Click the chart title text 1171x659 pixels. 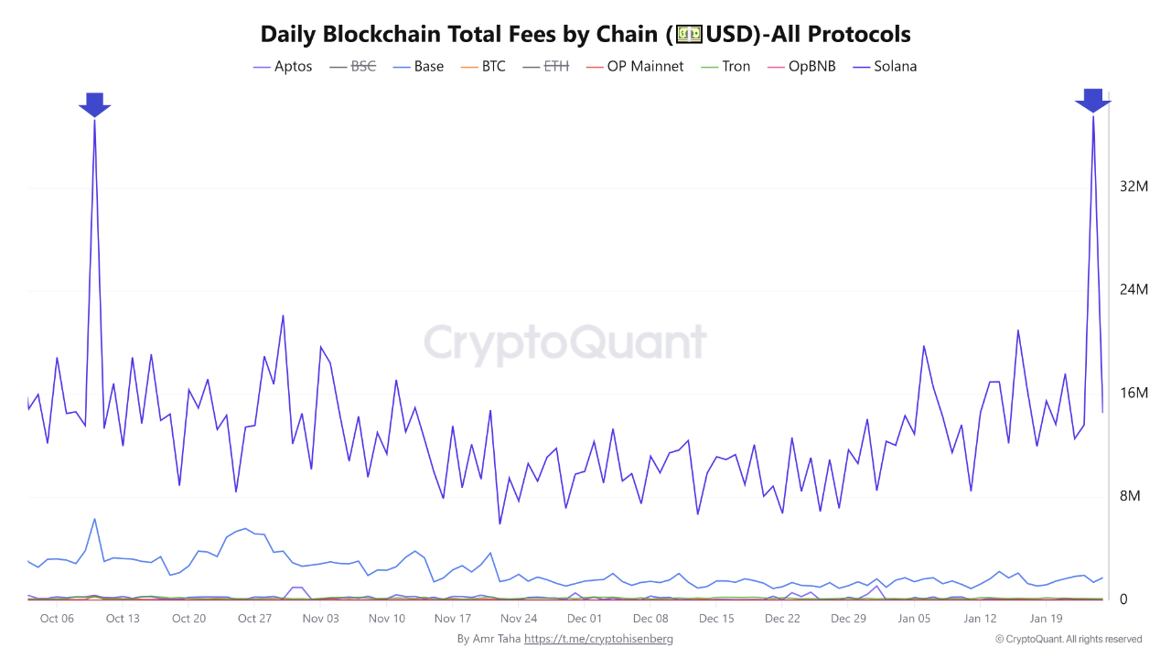[x=585, y=34]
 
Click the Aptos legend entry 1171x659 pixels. [x=283, y=67]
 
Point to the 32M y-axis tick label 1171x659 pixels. [x=1133, y=187]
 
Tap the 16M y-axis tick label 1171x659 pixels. [x=1133, y=394]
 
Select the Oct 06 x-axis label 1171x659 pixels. [x=57, y=619]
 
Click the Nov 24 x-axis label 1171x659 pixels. [x=519, y=619]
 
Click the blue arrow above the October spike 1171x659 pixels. [x=94, y=104]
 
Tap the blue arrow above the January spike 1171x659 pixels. [x=1092, y=101]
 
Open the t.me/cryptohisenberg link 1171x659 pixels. [x=598, y=639]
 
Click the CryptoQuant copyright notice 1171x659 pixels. [x=1068, y=639]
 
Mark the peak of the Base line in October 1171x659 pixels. [x=94, y=519]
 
